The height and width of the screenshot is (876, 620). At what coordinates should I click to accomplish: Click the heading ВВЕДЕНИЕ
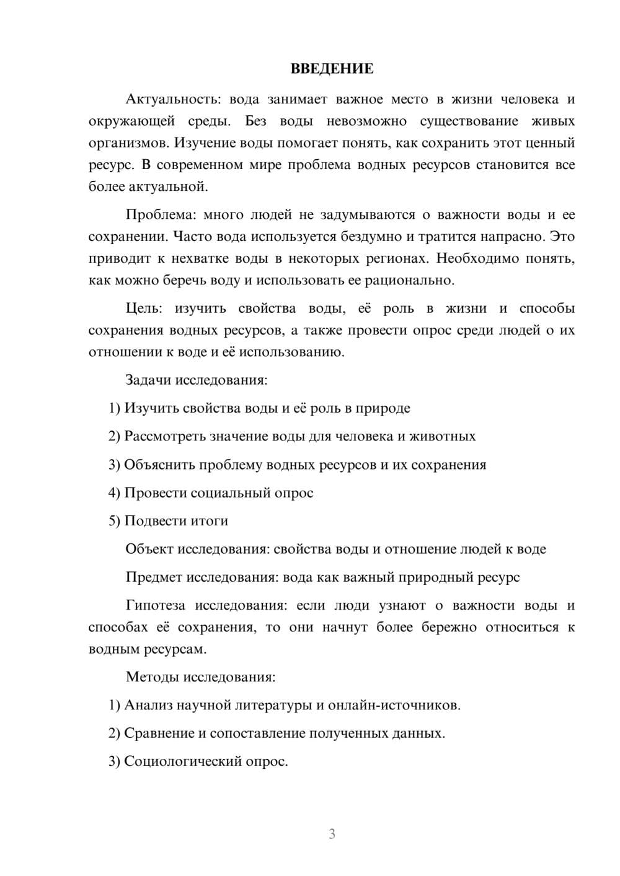click(x=332, y=69)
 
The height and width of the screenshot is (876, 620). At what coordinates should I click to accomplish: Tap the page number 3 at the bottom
click(x=332, y=834)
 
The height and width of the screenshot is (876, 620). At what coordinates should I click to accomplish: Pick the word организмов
click(x=128, y=143)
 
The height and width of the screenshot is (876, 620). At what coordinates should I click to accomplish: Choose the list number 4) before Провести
click(x=114, y=493)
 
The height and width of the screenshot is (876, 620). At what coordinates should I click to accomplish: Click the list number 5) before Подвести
click(x=114, y=521)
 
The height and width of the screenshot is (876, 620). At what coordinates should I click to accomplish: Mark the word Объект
click(x=149, y=550)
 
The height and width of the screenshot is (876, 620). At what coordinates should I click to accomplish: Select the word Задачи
click(x=148, y=380)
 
